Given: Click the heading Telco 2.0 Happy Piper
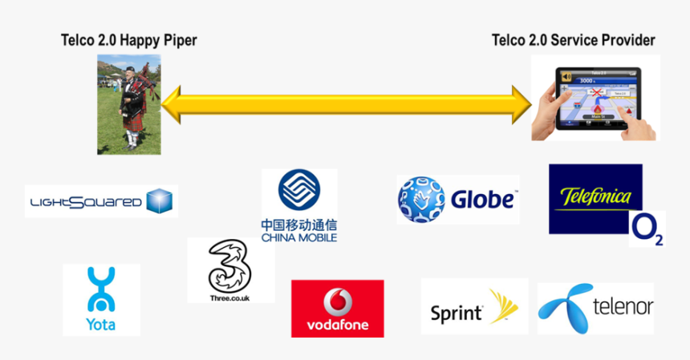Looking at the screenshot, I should click(x=128, y=40).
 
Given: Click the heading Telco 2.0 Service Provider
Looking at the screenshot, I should click(x=573, y=40).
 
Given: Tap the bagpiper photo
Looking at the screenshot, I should click(x=128, y=104).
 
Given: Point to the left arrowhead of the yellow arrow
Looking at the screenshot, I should click(x=171, y=105).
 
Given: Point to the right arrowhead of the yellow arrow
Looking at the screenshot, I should click(x=522, y=105).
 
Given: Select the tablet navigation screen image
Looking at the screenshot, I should click(x=595, y=98).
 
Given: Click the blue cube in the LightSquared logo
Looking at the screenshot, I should click(x=159, y=201).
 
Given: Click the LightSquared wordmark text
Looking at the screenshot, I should click(x=85, y=202).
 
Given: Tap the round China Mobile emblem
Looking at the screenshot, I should click(x=298, y=191).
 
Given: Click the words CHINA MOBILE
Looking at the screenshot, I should click(x=298, y=237).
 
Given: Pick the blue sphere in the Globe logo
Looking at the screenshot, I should click(x=420, y=200).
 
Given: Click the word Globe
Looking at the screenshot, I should click(x=481, y=200).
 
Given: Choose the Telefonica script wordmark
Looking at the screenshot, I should click(x=596, y=196).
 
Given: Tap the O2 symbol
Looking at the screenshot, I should click(x=647, y=229).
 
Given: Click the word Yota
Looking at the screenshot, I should click(x=100, y=324).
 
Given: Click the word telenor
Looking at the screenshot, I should click(x=622, y=307).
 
